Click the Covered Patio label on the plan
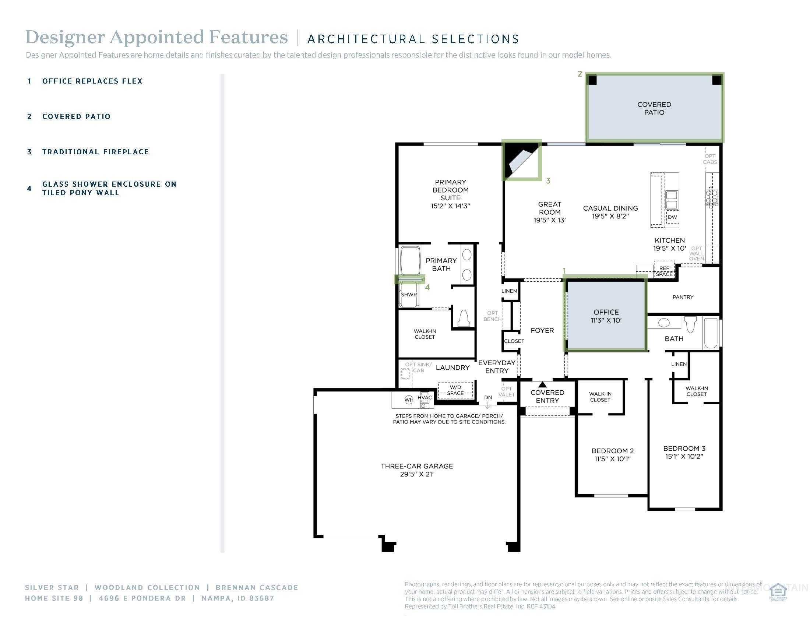click(654, 108)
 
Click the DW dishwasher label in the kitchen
click(672, 217)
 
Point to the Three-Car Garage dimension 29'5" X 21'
click(416, 474)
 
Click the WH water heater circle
click(409, 400)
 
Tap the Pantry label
click(683, 297)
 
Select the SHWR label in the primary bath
click(409, 295)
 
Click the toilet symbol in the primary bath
click(464, 318)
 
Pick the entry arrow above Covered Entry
click(543, 384)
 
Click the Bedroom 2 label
click(612, 451)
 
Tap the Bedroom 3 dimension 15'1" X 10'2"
click(684, 457)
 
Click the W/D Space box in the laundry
click(455, 390)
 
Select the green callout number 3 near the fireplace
click(548, 181)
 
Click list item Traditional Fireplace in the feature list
click(95, 152)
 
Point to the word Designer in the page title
click(65, 38)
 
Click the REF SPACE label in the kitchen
click(664, 271)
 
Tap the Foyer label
click(542, 330)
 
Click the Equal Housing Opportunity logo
click(778, 592)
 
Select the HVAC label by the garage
click(425, 397)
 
